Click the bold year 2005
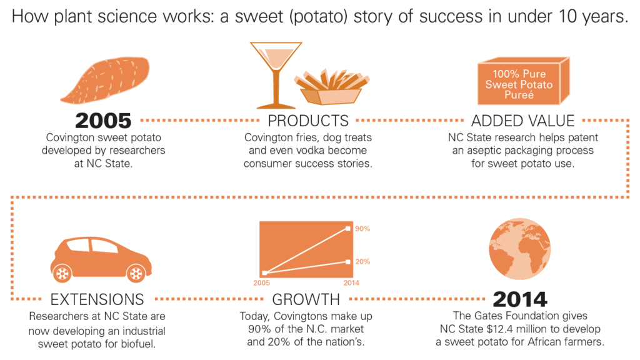click(103, 121)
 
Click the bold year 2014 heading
click(520, 299)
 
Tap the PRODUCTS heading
click(308, 121)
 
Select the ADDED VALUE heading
click(523, 121)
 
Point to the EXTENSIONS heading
click(97, 299)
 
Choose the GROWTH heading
click(306, 299)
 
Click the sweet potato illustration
click(105, 79)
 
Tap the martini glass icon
click(276, 75)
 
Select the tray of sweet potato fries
click(331, 87)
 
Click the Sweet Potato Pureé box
click(523, 81)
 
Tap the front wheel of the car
click(136, 274)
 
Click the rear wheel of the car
click(62, 274)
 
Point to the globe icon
click(519, 249)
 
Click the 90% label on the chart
click(362, 229)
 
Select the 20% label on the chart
click(362, 262)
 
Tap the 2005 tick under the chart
click(261, 283)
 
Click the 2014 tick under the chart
click(351, 283)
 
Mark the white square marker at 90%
click(347, 229)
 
